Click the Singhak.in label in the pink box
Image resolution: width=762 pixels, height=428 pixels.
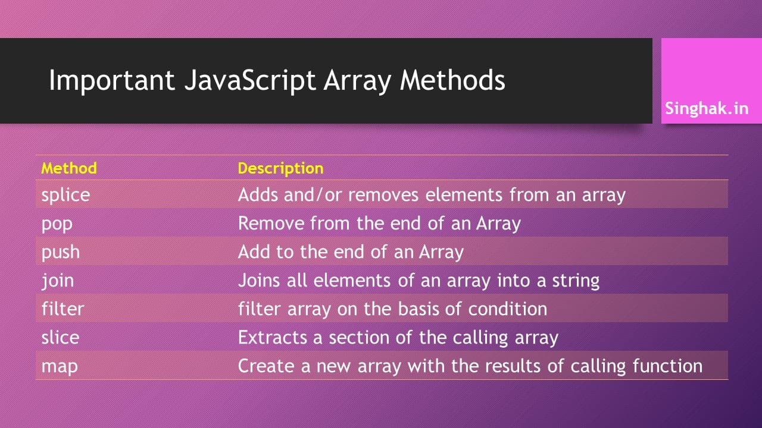click(707, 109)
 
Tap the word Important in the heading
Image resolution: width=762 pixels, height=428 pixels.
click(111, 80)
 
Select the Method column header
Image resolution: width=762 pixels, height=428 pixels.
click(69, 168)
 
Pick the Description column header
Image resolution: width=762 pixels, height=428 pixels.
click(280, 168)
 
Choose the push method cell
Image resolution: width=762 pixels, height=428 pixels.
click(60, 252)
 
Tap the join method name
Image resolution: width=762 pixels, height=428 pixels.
click(57, 280)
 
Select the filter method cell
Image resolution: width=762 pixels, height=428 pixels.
click(63, 309)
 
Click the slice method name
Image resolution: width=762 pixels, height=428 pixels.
click(60, 337)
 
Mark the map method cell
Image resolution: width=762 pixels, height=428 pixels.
click(59, 366)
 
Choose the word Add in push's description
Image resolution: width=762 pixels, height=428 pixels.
click(254, 251)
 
